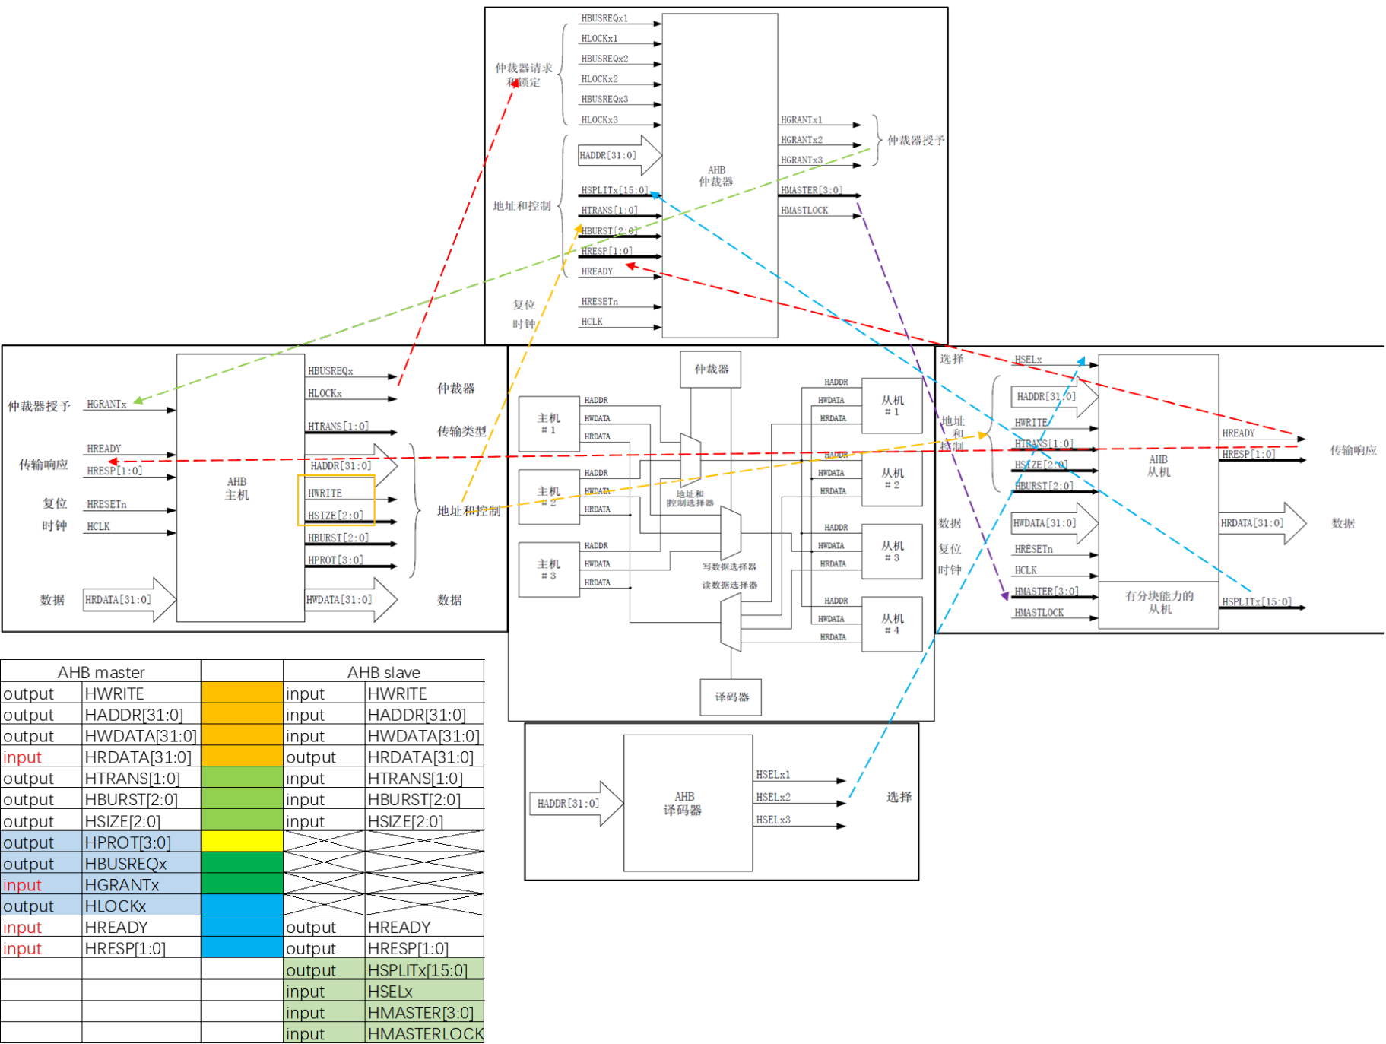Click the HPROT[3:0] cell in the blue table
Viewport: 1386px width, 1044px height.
[x=128, y=842]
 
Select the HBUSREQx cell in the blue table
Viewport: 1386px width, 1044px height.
[x=125, y=864]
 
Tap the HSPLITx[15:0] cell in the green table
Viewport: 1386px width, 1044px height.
[x=417, y=970]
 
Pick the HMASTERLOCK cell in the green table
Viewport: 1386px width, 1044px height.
[x=425, y=1034]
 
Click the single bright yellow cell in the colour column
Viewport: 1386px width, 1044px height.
[x=242, y=841]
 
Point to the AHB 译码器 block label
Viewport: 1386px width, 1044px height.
[x=683, y=803]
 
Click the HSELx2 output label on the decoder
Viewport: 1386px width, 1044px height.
[x=773, y=797]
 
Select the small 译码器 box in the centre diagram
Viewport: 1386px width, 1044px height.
[x=731, y=697]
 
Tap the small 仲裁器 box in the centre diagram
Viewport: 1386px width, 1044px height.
[x=711, y=369]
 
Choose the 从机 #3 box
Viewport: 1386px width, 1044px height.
[x=892, y=551]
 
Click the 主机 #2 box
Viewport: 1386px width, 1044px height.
[x=548, y=497]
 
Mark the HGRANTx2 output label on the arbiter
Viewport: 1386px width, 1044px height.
[x=801, y=140]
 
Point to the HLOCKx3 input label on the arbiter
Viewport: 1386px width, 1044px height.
[x=599, y=119]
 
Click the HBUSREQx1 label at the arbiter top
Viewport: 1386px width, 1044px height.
[x=604, y=18]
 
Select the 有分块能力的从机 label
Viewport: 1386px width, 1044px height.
[x=1159, y=602]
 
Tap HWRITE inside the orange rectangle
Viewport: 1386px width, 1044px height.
[x=325, y=493]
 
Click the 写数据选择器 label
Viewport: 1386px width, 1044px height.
[x=729, y=566]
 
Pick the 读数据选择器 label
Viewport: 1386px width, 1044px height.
[x=729, y=585]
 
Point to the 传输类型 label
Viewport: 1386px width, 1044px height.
[x=461, y=431]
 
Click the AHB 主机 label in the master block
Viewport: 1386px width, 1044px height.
[x=236, y=488]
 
